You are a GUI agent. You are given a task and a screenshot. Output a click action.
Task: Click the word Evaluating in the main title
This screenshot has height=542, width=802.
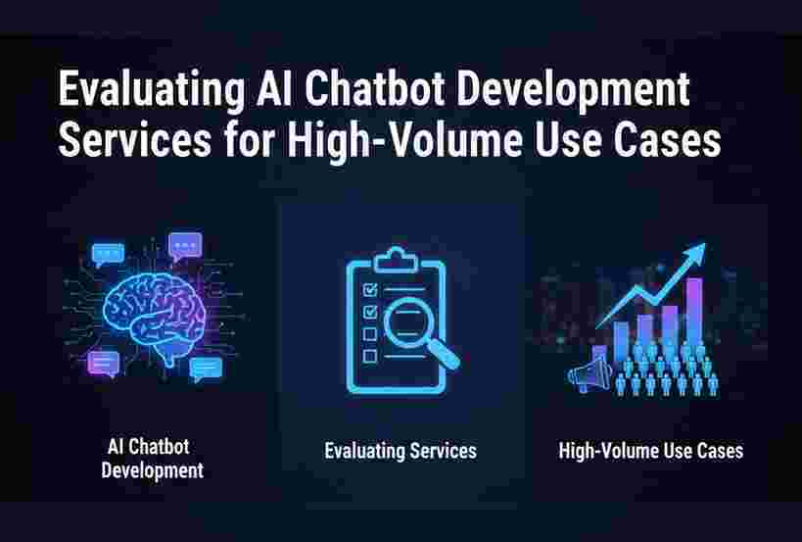pyautogui.click(x=152, y=88)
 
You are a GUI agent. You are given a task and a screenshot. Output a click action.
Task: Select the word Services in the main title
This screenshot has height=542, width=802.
pyautogui.click(x=134, y=139)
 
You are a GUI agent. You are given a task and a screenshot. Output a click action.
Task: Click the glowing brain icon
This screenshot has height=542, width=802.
pyautogui.click(x=154, y=318)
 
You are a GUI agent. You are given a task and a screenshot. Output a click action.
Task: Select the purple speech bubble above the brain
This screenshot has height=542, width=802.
pyautogui.click(x=185, y=246)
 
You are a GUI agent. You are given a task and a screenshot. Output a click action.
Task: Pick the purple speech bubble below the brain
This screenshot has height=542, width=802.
pyautogui.click(x=104, y=363)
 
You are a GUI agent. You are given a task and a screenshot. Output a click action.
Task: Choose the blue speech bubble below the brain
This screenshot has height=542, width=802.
pyautogui.click(x=206, y=369)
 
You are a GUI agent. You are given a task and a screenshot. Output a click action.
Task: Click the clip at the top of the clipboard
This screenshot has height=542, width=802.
pyautogui.click(x=396, y=260)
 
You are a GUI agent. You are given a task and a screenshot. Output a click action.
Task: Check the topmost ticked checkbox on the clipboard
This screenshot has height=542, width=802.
pyautogui.click(x=370, y=290)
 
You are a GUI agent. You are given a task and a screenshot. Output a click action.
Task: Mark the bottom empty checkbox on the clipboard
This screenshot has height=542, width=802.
pyautogui.click(x=370, y=356)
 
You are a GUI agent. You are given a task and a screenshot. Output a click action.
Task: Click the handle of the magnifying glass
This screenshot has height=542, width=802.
pyautogui.click(x=443, y=353)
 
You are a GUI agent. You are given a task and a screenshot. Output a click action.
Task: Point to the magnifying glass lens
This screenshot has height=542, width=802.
pyautogui.click(x=408, y=322)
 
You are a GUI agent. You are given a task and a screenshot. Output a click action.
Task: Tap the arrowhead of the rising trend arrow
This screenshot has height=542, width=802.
pyautogui.click(x=695, y=253)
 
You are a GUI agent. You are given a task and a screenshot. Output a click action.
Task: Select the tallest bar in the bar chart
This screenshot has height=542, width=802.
pyautogui.click(x=694, y=313)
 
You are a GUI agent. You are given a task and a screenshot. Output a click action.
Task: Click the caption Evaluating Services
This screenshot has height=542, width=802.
pyautogui.click(x=401, y=451)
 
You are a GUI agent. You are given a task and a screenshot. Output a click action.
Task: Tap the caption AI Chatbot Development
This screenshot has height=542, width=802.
pyautogui.click(x=153, y=459)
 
